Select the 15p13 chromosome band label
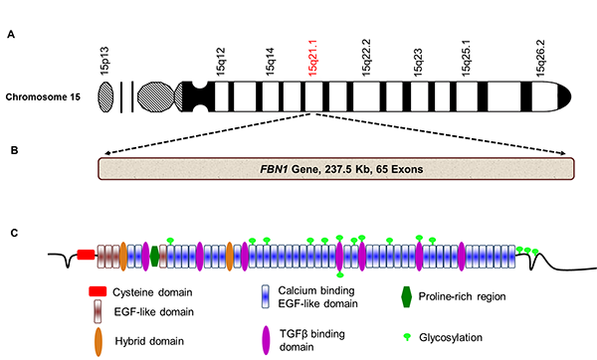(106, 62)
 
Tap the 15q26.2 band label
(540, 59)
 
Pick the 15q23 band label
(419, 62)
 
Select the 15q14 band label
(269, 62)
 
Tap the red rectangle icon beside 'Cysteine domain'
(97, 293)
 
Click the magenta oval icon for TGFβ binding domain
(266, 337)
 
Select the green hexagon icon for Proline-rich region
(406, 296)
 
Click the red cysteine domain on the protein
(86, 255)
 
